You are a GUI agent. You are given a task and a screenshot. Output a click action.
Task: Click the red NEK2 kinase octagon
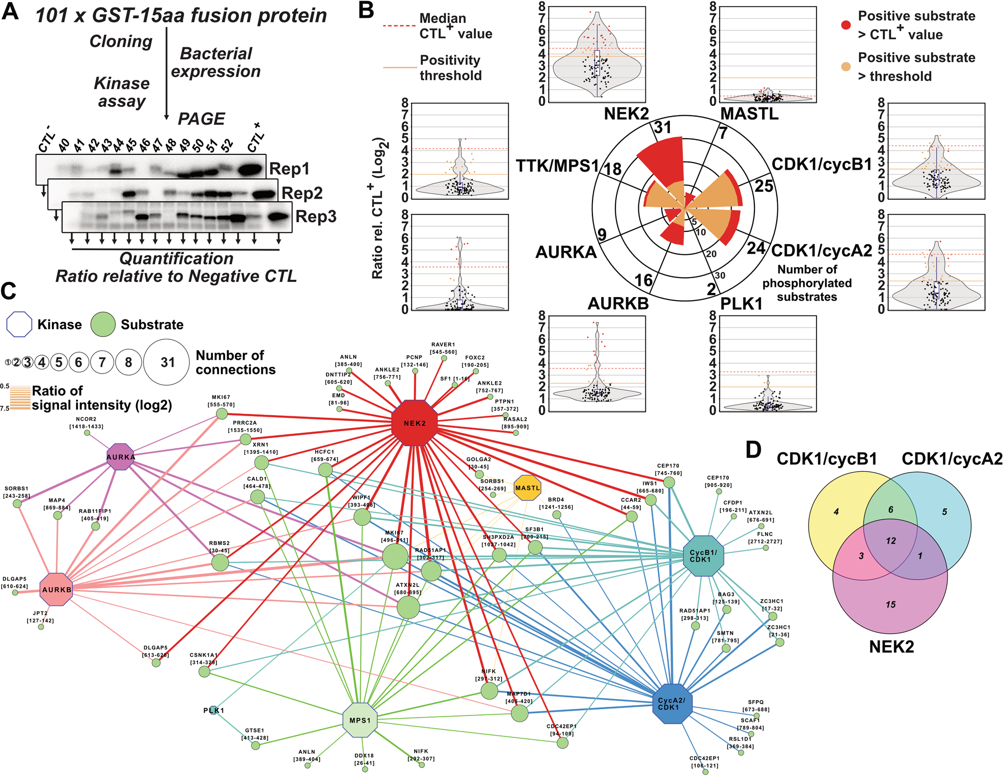414,423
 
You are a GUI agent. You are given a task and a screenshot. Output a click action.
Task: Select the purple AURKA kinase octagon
121,457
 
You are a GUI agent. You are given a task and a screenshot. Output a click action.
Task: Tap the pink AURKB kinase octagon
57,589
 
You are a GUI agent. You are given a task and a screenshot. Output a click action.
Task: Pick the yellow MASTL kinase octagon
527,488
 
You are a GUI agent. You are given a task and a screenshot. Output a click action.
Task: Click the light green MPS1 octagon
360,720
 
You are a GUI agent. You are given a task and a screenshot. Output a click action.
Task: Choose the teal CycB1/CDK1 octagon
703,555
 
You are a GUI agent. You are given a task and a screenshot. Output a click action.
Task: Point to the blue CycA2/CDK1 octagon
672,704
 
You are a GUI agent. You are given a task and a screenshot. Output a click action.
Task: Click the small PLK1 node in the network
214,710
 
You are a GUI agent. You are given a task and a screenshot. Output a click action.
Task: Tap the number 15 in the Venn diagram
890,604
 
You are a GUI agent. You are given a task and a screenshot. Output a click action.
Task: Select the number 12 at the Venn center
890,541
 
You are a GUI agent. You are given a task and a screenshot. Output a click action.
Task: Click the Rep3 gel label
316,217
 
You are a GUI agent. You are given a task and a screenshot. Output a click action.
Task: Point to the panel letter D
753,450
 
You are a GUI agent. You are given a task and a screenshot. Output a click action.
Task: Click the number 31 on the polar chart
663,127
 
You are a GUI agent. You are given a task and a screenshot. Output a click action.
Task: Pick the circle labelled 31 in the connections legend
167,362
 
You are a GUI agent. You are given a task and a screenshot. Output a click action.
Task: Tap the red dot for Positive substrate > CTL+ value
846,25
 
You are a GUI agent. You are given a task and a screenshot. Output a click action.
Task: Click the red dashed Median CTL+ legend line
399,25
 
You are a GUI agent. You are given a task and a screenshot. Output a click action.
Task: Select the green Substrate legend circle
103,325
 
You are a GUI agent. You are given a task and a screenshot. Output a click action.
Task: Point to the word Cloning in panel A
121,41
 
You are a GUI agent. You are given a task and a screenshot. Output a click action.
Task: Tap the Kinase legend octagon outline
19,325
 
